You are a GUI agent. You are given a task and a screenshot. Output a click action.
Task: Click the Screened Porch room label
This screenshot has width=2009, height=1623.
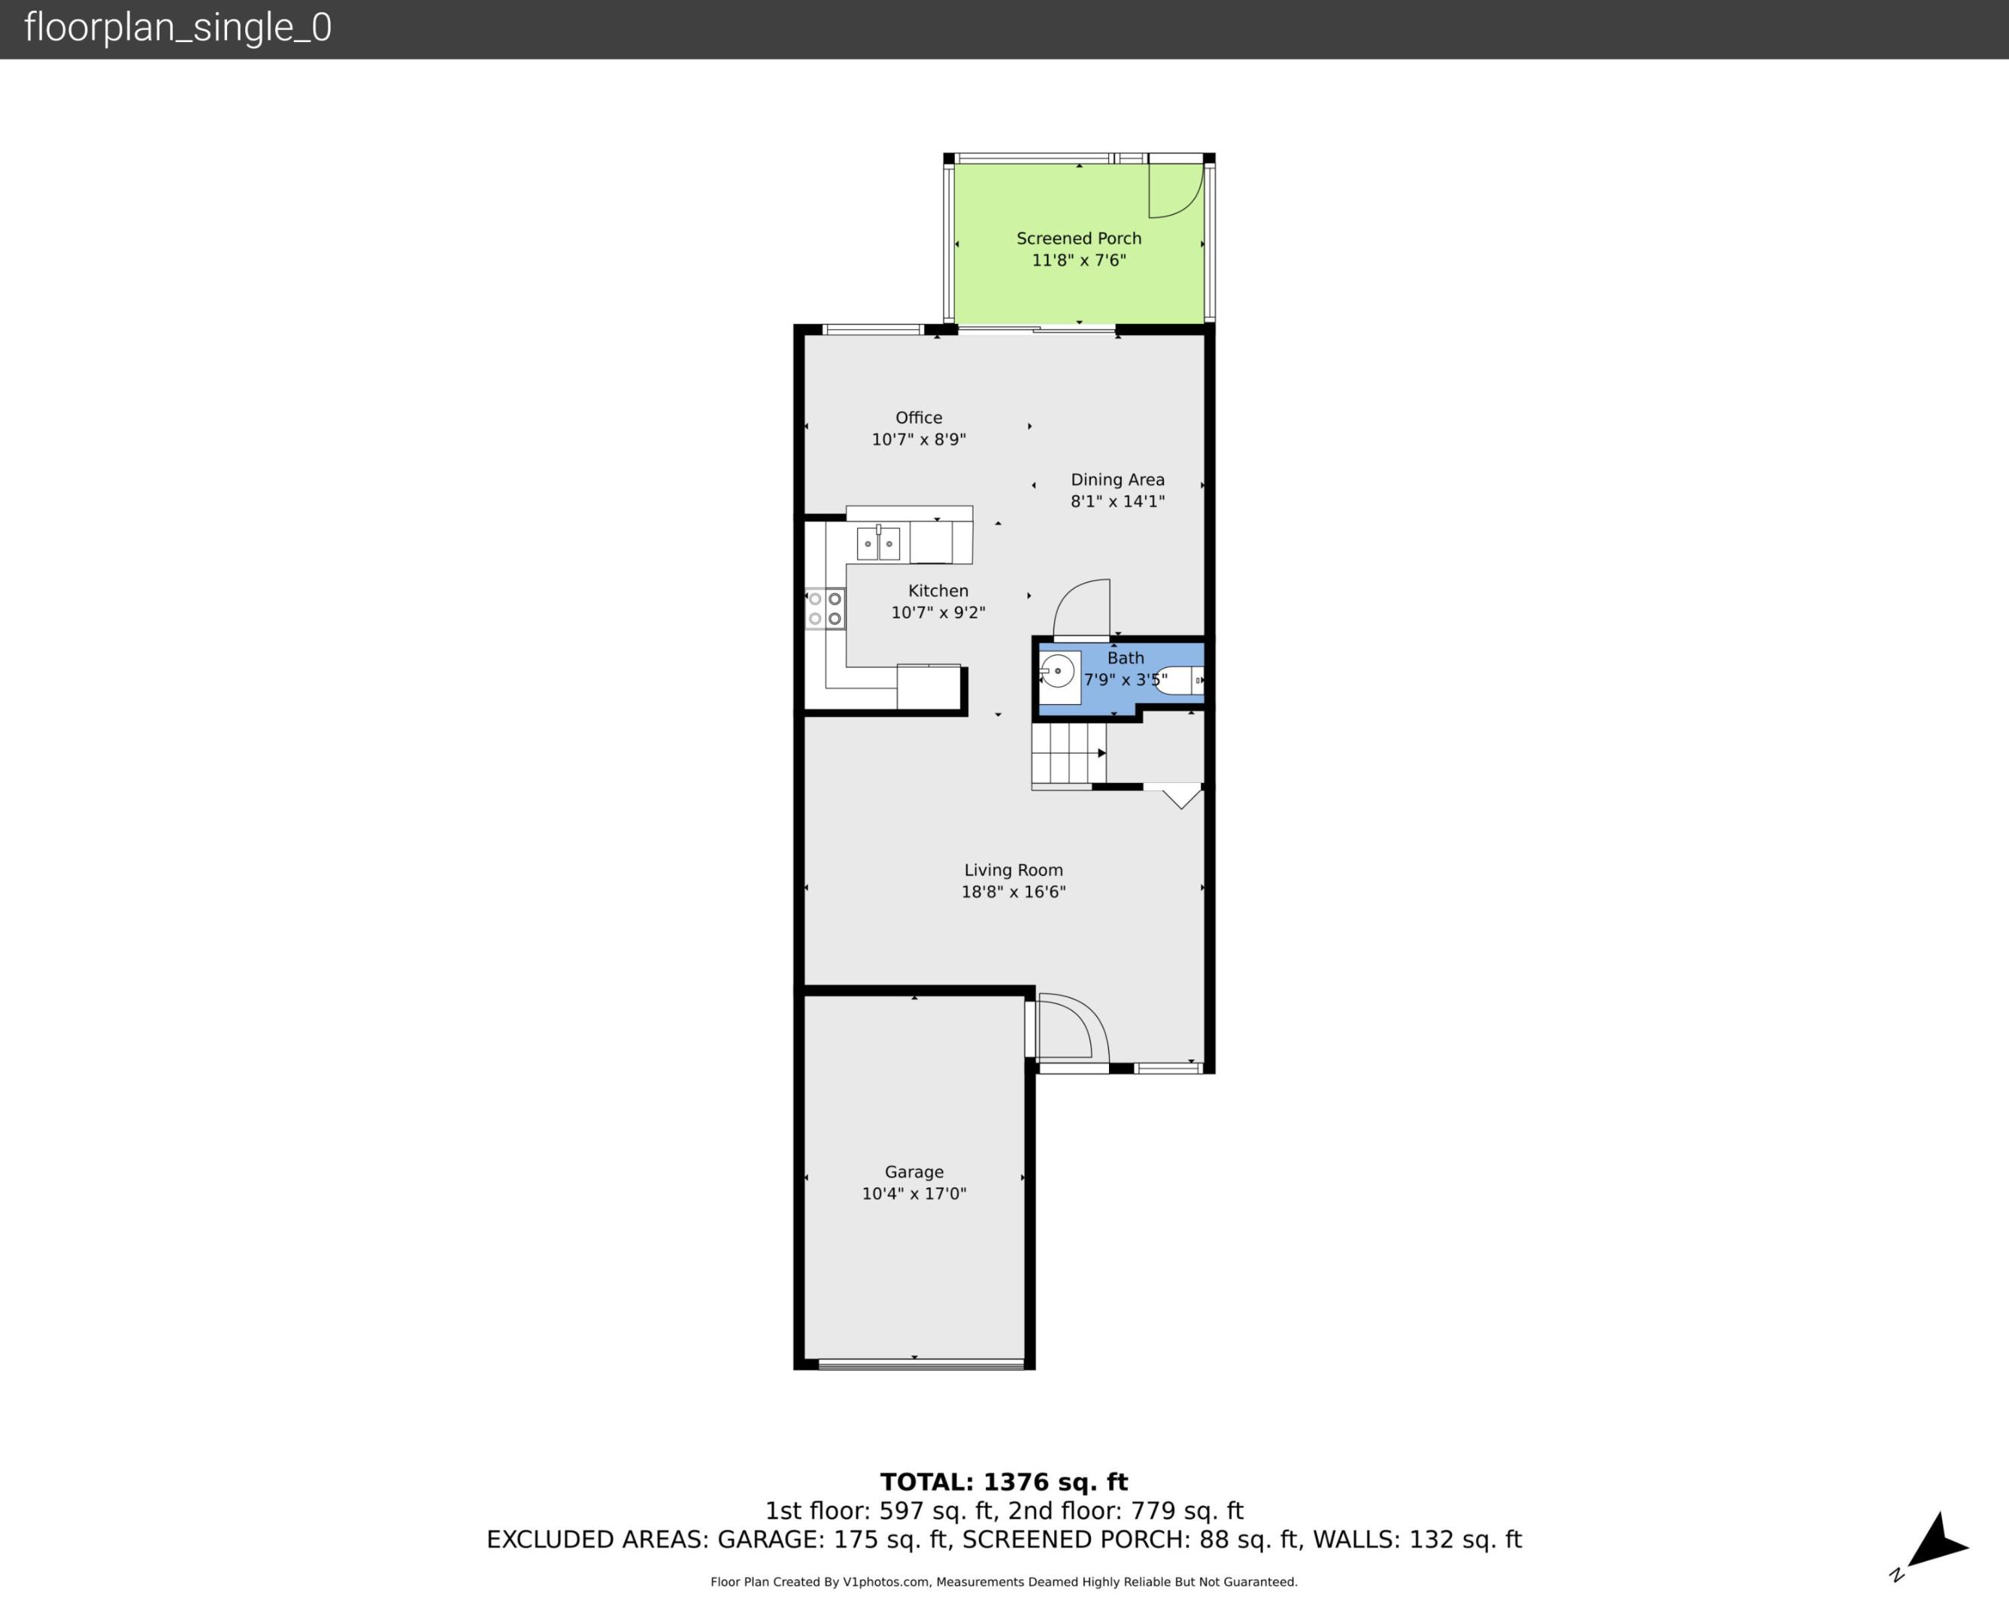click(1078, 238)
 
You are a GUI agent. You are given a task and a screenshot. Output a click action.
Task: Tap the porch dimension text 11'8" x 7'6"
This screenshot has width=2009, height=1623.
click(1078, 260)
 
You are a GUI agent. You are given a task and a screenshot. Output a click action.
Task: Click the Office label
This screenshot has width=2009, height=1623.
click(919, 418)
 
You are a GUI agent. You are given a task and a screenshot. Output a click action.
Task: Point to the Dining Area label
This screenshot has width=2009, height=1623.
click(1118, 479)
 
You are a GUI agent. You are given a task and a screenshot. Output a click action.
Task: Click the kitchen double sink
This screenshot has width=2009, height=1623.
click(878, 543)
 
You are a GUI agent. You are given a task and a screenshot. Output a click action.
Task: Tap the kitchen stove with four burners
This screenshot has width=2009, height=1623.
click(825, 609)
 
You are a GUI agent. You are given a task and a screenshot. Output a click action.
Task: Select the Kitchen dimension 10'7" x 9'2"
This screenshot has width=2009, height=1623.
click(938, 612)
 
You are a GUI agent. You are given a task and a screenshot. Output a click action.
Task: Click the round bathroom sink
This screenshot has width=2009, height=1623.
click(1058, 671)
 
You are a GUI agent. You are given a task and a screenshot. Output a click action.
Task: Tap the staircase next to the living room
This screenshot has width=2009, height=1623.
click(1068, 754)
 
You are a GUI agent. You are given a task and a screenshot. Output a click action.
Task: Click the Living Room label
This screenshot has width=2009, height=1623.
click(1013, 870)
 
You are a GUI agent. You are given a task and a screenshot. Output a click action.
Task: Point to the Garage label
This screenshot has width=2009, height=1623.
click(914, 1171)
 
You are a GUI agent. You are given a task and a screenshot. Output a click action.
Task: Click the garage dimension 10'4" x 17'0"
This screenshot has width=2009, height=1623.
click(914, 1194)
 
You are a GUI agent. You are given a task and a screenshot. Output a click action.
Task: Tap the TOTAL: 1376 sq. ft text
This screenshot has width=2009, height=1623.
click(1004, 1482)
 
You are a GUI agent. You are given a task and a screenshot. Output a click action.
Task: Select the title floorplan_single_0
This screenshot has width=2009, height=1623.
click(177, 28)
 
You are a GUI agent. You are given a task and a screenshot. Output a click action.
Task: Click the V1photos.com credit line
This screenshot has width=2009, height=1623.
click(1004, 1582)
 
